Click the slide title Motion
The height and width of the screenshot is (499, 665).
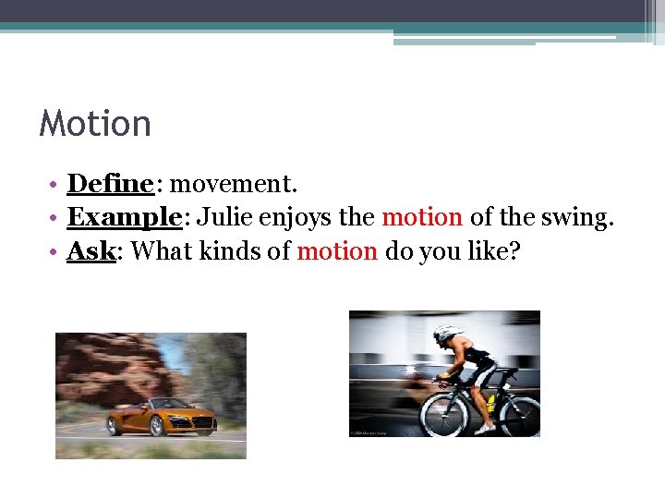pyautogui.click(x=95, y=124)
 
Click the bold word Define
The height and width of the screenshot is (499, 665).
pyautogui.click(x=110, y=184)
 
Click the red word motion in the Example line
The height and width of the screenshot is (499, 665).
pyautogui.click(x=422, y=217)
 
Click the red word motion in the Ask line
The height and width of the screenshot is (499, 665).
pyautogui.click(x=337, y=250)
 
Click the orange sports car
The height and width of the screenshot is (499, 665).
pyautogui.click(x=163, y=417)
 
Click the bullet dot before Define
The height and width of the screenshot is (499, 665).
pyautogui.click(x=55, y=185)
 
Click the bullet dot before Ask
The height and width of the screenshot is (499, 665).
pyautogui.click(x=55, y=251)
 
